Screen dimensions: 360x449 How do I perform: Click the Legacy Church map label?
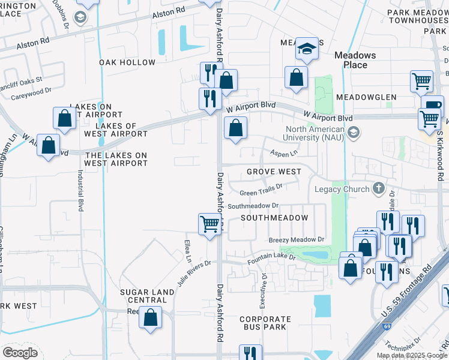tap(343, 190)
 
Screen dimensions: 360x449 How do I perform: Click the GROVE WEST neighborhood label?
tap(274, 172)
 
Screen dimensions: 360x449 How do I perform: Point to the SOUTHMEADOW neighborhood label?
tap(274, 218)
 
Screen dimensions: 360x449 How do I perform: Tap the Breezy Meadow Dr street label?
tap(297, 239)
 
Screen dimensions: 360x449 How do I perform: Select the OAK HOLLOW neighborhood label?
tap(127, 62)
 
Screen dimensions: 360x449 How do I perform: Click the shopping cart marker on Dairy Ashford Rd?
tap(209, 224)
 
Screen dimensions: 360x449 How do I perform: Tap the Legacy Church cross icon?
tap(378, 189)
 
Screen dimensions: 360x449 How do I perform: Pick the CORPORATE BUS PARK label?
tap(265, 323)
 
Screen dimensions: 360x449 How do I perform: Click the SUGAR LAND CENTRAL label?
tap(147, 296)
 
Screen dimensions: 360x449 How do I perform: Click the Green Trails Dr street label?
tap(261, 193)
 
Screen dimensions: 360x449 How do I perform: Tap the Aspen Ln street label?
tap(283, 153)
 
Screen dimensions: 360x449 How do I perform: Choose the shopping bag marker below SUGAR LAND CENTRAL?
tap(151, 317)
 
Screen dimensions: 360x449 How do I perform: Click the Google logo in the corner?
tap(20, 352)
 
